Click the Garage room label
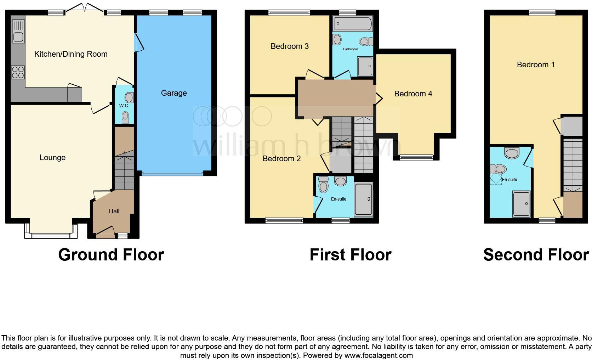click(173, 93)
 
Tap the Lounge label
click(52, 157)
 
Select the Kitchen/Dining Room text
click(71, 54)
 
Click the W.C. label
click(124, 106)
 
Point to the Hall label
click(114, 211)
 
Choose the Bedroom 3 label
click(290, 46)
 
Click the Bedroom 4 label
click(413, 94)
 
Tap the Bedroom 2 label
click(281, 158)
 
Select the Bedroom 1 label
click(535, 64)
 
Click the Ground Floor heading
click(111, 255)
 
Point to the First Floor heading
click(350, 255)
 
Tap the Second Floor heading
click(536, 255)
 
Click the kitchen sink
click(18, 31)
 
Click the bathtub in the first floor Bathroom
click(353, 24)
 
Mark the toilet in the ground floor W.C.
click(125, 117)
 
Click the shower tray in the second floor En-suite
click(521, 204)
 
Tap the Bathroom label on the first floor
click(350, 49)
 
